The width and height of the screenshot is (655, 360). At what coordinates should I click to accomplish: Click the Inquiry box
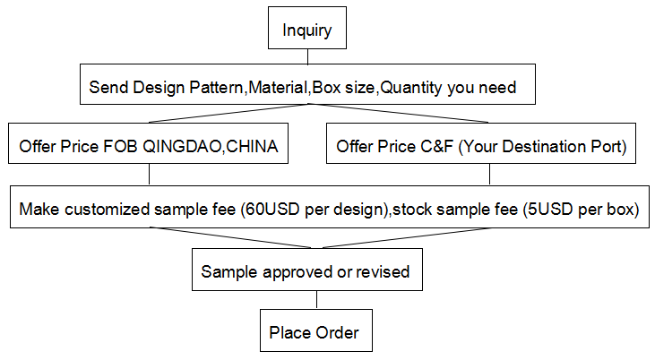[307, 28]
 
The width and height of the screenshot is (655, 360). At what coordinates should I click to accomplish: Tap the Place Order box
[316, 330]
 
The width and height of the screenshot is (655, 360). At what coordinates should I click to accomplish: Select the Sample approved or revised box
[307, 270]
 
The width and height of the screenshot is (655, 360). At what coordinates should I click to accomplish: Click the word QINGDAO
[182, 147]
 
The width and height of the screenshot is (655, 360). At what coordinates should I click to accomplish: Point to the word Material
[278, 87]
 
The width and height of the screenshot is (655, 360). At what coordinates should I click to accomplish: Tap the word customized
[107, 209]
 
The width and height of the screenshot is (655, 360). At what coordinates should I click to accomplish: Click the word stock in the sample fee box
[412, 209]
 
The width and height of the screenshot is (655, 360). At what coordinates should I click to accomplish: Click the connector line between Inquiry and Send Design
[308, 56]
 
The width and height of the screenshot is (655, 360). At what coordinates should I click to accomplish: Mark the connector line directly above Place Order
[316, 300]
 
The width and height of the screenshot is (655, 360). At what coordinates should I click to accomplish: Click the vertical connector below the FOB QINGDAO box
[149, 174]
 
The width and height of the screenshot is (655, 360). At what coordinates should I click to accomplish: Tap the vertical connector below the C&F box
[489, 174]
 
